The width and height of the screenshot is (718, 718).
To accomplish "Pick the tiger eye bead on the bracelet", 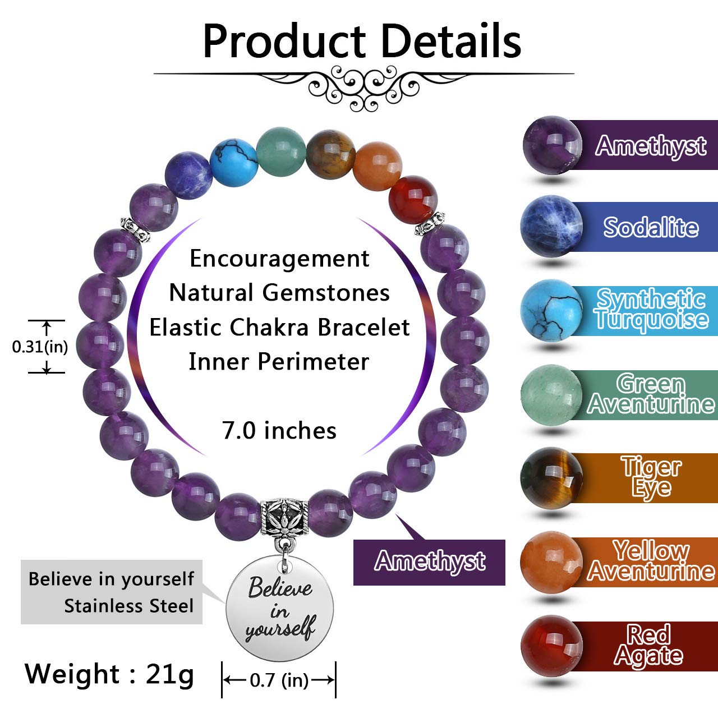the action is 330,153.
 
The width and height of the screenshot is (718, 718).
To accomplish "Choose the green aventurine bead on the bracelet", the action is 281,150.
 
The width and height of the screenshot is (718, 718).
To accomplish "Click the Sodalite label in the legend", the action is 651,227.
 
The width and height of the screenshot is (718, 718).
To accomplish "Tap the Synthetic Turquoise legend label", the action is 651,309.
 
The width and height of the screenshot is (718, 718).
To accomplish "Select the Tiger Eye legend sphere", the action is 551,477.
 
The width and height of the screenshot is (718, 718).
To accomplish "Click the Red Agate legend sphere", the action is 551,646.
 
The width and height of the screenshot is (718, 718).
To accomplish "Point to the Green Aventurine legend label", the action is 651,394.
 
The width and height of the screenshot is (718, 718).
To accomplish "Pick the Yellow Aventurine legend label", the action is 651,561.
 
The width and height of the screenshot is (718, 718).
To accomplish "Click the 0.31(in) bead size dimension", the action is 40,347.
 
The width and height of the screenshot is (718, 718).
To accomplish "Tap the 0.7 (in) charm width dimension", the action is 279,680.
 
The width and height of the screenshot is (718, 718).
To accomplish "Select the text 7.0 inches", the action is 279,430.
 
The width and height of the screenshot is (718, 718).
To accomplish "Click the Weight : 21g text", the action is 109,674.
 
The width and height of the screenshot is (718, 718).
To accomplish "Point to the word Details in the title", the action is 452,41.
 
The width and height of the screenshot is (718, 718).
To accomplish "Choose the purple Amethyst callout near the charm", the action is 429,561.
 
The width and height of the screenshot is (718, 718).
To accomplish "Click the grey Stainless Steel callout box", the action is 111,592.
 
